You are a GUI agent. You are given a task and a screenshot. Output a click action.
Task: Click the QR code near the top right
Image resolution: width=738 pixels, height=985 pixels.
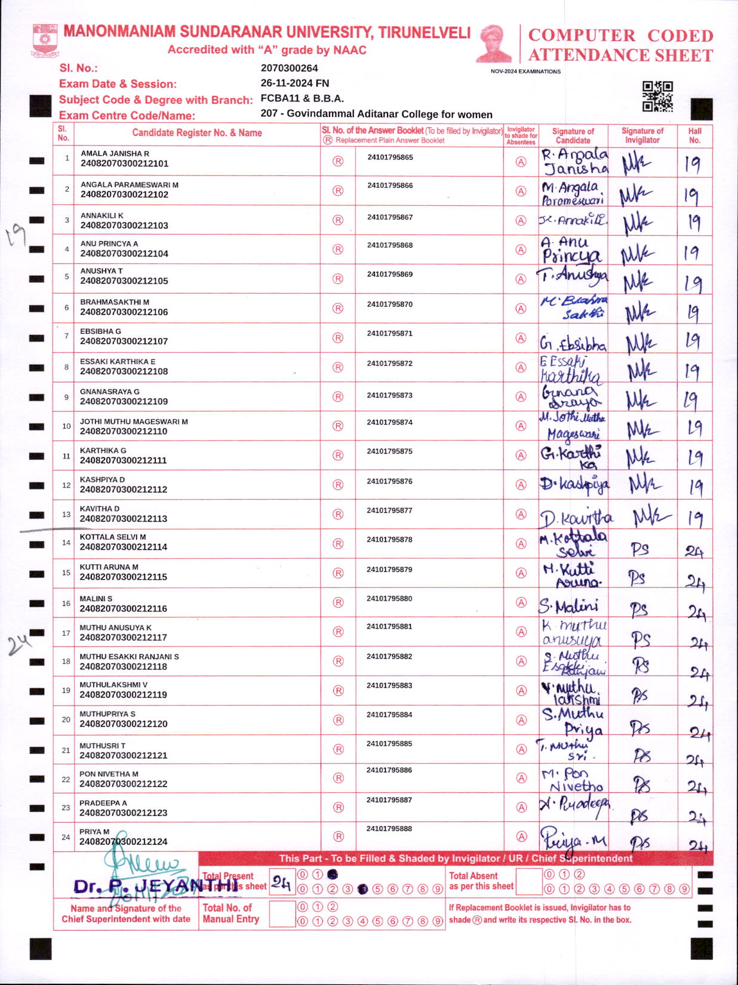point(657,96)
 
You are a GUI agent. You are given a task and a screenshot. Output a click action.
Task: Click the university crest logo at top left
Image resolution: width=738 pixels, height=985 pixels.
point(45,41)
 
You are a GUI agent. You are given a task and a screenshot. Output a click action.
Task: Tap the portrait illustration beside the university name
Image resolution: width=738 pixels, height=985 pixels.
point(494,44)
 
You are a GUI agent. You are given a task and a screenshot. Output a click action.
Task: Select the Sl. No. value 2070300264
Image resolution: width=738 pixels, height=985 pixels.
point(289,68)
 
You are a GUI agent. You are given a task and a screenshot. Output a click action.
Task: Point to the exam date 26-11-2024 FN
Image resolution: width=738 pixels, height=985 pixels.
point(294,83)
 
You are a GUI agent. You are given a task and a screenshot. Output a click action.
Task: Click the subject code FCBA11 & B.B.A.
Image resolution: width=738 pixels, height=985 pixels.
point(302,98)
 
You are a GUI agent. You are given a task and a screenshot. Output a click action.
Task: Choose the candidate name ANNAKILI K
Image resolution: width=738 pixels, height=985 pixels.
point(102,216)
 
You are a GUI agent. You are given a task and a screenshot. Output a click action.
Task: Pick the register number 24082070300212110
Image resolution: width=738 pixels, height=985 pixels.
point(124,431)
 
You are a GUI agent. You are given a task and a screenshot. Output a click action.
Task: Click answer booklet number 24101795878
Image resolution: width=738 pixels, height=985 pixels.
point(389,540)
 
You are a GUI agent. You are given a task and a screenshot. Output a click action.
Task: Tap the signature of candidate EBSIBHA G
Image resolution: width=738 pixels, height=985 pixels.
point(573,343)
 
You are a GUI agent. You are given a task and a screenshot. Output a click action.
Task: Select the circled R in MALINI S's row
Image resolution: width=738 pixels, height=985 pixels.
point(338,602)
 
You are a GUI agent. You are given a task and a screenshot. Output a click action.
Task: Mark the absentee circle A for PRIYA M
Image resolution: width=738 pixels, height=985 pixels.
point(521,836)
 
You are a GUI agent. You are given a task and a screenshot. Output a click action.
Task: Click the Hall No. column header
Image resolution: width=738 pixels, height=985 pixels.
point(694,136)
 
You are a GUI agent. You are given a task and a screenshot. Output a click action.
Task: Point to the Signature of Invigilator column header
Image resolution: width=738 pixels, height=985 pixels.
point(642,136)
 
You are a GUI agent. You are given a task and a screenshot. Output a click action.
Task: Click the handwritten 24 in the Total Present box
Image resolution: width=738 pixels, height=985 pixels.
point(281,882)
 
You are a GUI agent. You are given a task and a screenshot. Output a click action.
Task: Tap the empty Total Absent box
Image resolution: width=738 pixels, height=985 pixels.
point(528,881)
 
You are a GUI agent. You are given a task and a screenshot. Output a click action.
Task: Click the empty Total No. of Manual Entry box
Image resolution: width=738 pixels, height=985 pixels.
point(282,913)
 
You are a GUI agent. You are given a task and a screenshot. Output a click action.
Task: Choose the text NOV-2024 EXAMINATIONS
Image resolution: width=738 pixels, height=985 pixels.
point(525,72)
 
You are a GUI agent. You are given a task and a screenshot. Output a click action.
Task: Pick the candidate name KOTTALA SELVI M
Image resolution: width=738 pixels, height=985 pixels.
point(113,537)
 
